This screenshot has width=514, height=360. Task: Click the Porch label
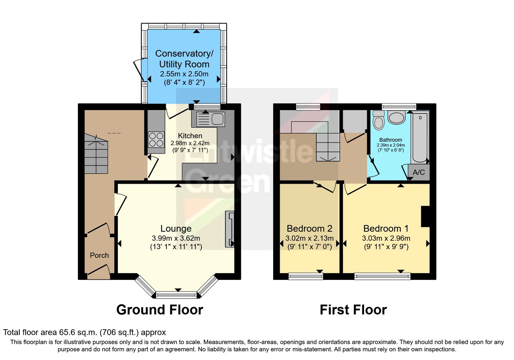[x=99, y=255]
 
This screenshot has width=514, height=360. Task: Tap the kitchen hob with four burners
[x=156, y=139]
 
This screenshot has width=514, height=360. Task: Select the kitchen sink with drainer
[x=208, y=119]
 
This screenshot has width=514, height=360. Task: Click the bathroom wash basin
[x=396, y=118]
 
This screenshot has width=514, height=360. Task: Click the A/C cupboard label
[x=419, y=172]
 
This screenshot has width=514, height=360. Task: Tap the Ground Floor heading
[x=160, y=310]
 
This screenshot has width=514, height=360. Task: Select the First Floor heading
[x=353, y=310]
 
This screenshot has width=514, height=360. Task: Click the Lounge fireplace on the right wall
[x=229, y=229]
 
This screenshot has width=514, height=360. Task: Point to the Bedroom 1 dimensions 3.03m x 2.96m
[x=386, y=238]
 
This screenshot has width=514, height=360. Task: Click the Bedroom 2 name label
[x=310, y=229]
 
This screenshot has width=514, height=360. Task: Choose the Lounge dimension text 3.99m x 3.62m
[x=176, y=238]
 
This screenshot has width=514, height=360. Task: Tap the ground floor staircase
[x=96, y=153]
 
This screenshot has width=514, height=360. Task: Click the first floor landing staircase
[x=328, y=147]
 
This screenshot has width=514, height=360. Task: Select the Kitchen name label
[x=190, y=136]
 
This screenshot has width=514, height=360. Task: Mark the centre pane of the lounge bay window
[x=176, y=295]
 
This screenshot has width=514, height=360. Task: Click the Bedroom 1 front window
[x=382, y=276]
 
